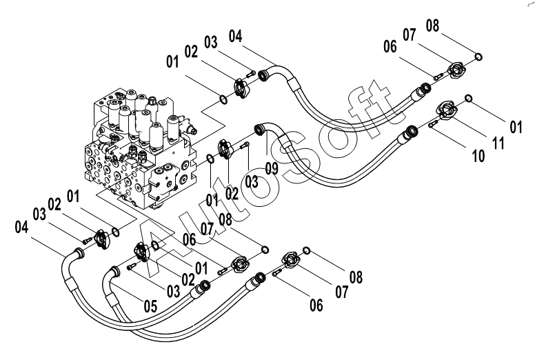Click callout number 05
pyautogui.click(x=150, y=306)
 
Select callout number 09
pyautogui.click(x=272, y=168)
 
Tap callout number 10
pyautogui.click(x=478, y=156)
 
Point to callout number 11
pyautogui.click(x=498, y=143)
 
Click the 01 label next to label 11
pyautogui.click(x=516, y=127)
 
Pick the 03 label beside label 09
pyautogui.click(x=252, y=181)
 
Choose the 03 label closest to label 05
pyautogui.click(x=173, y=291)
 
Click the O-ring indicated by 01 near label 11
pyautogui.click(x=469, y=98)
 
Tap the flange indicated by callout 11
pyautogui.click(x=447, y=110)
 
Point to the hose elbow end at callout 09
pyautogui.click(x=261, y=130)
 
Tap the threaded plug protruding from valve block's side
pyautogui.click(x=192, y=130)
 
